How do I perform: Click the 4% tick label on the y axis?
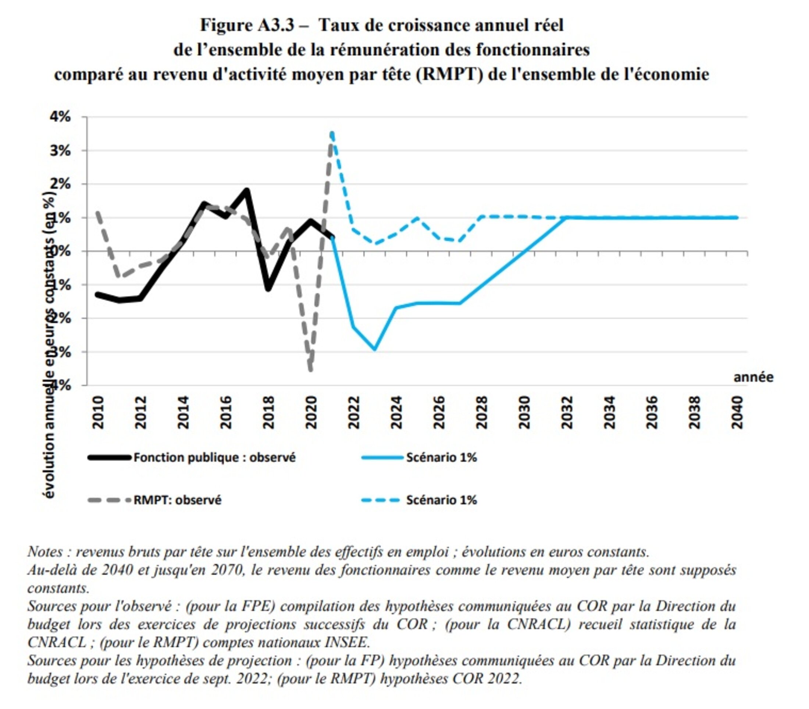pos(60,117)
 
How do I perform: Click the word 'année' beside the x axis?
pos(753,377)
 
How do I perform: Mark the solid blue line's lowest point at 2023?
pos(375,349)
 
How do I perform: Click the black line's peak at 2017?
pos(247,191)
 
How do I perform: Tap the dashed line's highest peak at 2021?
pos(332,133)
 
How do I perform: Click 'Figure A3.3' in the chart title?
pos(247,25)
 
